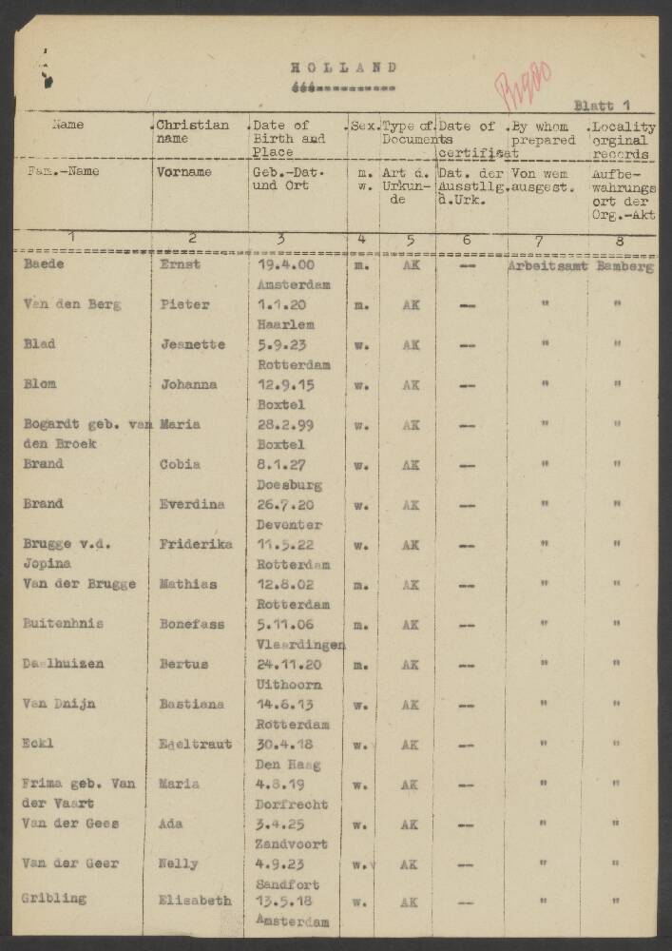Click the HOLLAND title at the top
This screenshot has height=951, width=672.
pos(343,68)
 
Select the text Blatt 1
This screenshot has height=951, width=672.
pos(602,106)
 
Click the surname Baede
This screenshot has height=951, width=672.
pos(44,264)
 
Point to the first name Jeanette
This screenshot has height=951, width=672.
pos(192,345)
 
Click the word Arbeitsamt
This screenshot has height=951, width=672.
pos(547,267)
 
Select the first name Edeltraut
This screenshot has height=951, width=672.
pos(195,745)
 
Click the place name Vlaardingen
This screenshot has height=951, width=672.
pos(299,645)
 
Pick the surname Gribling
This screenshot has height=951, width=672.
pos(54,898)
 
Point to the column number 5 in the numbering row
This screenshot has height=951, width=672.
pos(410,241)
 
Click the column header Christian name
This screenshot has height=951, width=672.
pos(193,132)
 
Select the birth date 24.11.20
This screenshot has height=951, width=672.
pos(286,665)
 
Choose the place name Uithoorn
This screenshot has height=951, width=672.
pos(289,685)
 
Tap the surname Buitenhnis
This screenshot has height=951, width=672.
pos(63,624)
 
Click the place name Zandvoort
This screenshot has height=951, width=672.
pos(291,844)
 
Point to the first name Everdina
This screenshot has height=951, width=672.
pos(192,505)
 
